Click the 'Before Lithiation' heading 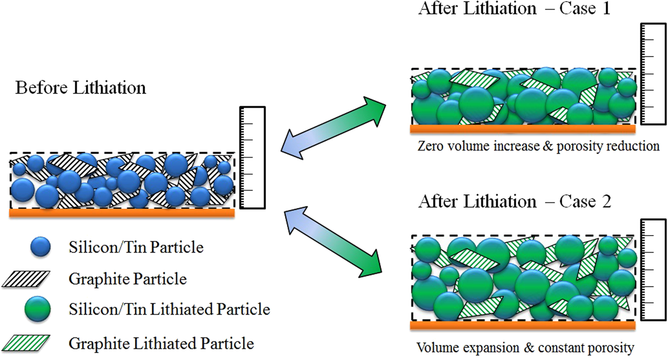[81, 88]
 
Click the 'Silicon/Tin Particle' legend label [136, 248]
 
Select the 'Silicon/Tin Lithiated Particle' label [169, 309]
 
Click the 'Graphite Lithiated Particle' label [161, 342]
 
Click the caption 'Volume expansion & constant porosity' [525, 348]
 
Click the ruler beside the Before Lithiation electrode [253, 158]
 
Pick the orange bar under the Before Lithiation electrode [122, 213]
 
